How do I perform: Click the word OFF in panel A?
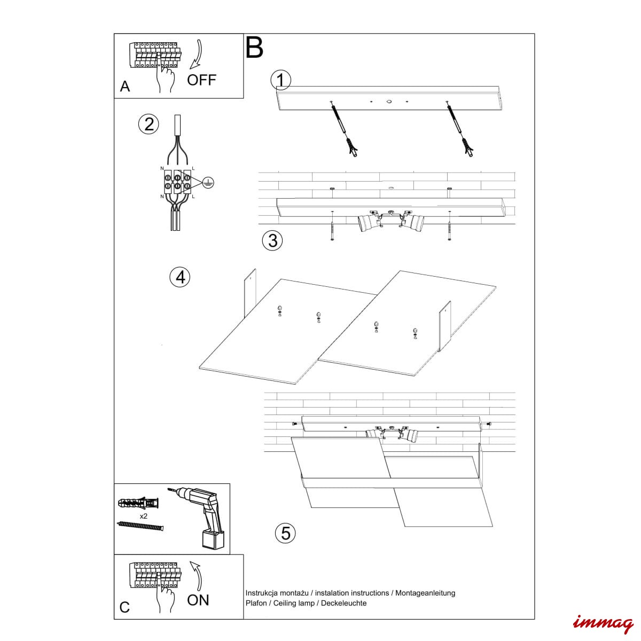[x=201, y=80]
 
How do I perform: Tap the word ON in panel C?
[x=198, y=600]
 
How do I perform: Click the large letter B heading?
[x=255, y=48]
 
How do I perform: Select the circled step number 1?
[x=281, y=80]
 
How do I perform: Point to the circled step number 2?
[x=149, y=124]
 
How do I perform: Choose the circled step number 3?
[x=272, y=240]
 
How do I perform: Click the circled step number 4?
[x=180, y=277]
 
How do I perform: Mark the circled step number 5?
[x=286, y=533]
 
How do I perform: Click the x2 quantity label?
[x=144, y=517]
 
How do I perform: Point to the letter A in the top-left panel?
[x=125, y=87]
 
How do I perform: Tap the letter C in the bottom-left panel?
[x=124, y=607]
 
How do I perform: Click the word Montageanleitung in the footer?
[x=425, y=593]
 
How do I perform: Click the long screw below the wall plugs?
[x=139, y=527]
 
